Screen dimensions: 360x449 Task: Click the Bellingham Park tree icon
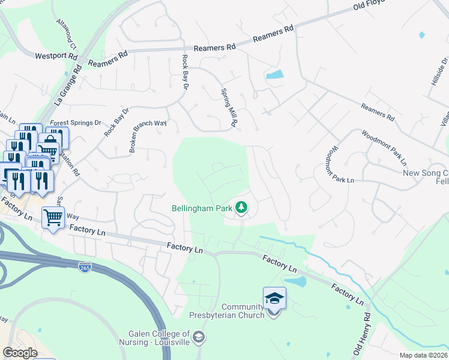(241, 208)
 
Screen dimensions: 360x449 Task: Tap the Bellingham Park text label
(202, 208)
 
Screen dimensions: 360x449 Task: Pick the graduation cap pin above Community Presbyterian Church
(274, 298)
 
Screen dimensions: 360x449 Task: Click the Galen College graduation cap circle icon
(199, 338)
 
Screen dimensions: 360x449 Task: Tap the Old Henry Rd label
(363, 332)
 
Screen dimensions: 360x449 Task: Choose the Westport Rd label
(57, 56)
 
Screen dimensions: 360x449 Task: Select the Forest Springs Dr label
(76, 122)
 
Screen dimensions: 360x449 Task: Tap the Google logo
(20, 352)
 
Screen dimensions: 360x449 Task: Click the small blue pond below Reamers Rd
(274, 75)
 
